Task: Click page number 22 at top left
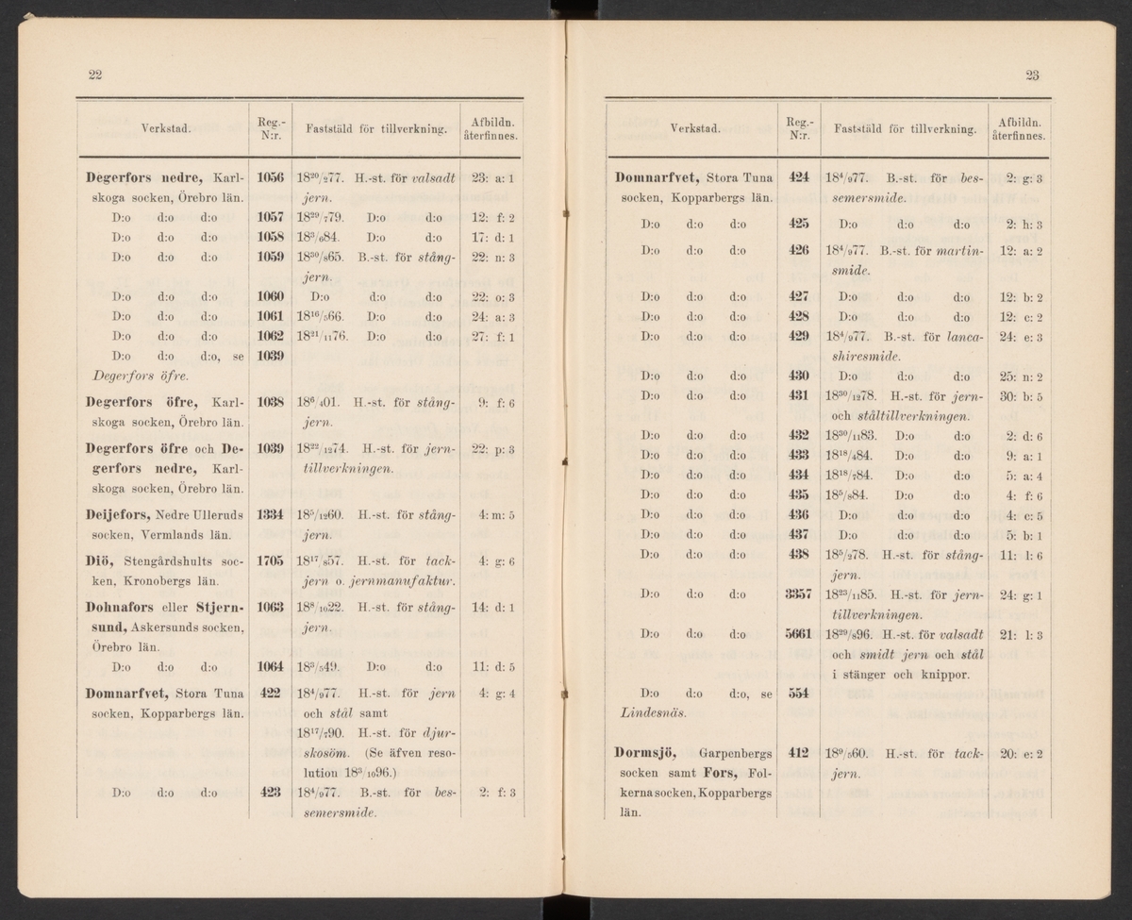[x=94, y=76]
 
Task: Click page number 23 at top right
[x=1029, y=76]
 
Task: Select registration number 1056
[x=270, y=177]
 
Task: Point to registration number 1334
[x=270, y=514]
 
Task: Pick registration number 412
[x=799, y=753]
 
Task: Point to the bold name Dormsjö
[x=648, y=753]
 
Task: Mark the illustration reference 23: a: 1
[x=490, y=177]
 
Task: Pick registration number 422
[x=271, y=693]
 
